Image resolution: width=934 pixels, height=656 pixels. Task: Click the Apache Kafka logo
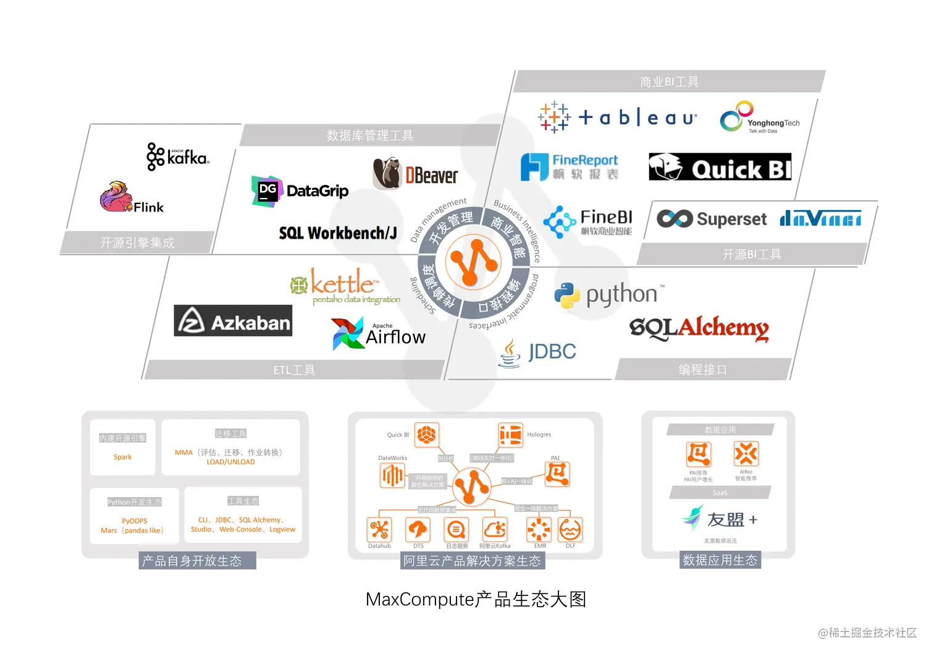pyautogui.click(x=178, y=156)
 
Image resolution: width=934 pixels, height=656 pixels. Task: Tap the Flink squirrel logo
pyautogui.click(x=116, y=197)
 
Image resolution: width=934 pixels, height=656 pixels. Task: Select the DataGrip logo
pyautogui.click(x=300, y=191)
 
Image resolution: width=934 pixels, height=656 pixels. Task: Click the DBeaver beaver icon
pyautogui.click(x=387, y=173)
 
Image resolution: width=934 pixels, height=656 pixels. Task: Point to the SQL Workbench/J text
pyautogui.click(x=338, y=233)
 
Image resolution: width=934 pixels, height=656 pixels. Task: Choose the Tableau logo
pyautogui.click(x=617, y=117)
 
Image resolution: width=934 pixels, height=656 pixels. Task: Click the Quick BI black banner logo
pyautogui.click(x=720, y=167)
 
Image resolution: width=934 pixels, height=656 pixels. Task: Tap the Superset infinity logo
pyautogui.click(x=674, y=218)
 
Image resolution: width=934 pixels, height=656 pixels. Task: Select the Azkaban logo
pyautogui.click(x=233, y=321)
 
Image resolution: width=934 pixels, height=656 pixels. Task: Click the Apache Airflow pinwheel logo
pyautogui.click(x=347, y=333)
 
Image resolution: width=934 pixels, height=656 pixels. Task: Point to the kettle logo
pyautogui.click(x=343, y=286)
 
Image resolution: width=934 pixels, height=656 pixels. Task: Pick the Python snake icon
pyautogui.click(x=567, y=296)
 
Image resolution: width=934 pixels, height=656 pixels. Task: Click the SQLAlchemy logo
pyautogui.click(x=699, y=328)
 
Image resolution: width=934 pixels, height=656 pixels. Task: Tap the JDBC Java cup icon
pyautogui.click(x=510, y=353)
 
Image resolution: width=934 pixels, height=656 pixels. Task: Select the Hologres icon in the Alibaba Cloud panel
pyautogui.click(x=511, y=435)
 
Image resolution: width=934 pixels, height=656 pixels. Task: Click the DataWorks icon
pyautogui.click(x=393, y=475)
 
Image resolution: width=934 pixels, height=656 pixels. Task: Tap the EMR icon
pyautogui.click(x=539, y=529)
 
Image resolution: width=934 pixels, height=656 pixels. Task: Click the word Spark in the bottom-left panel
pyautogui.click(x=122, y=457)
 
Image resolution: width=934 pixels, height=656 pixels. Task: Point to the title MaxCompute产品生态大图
pyautogui.click(x=476, y=599)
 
